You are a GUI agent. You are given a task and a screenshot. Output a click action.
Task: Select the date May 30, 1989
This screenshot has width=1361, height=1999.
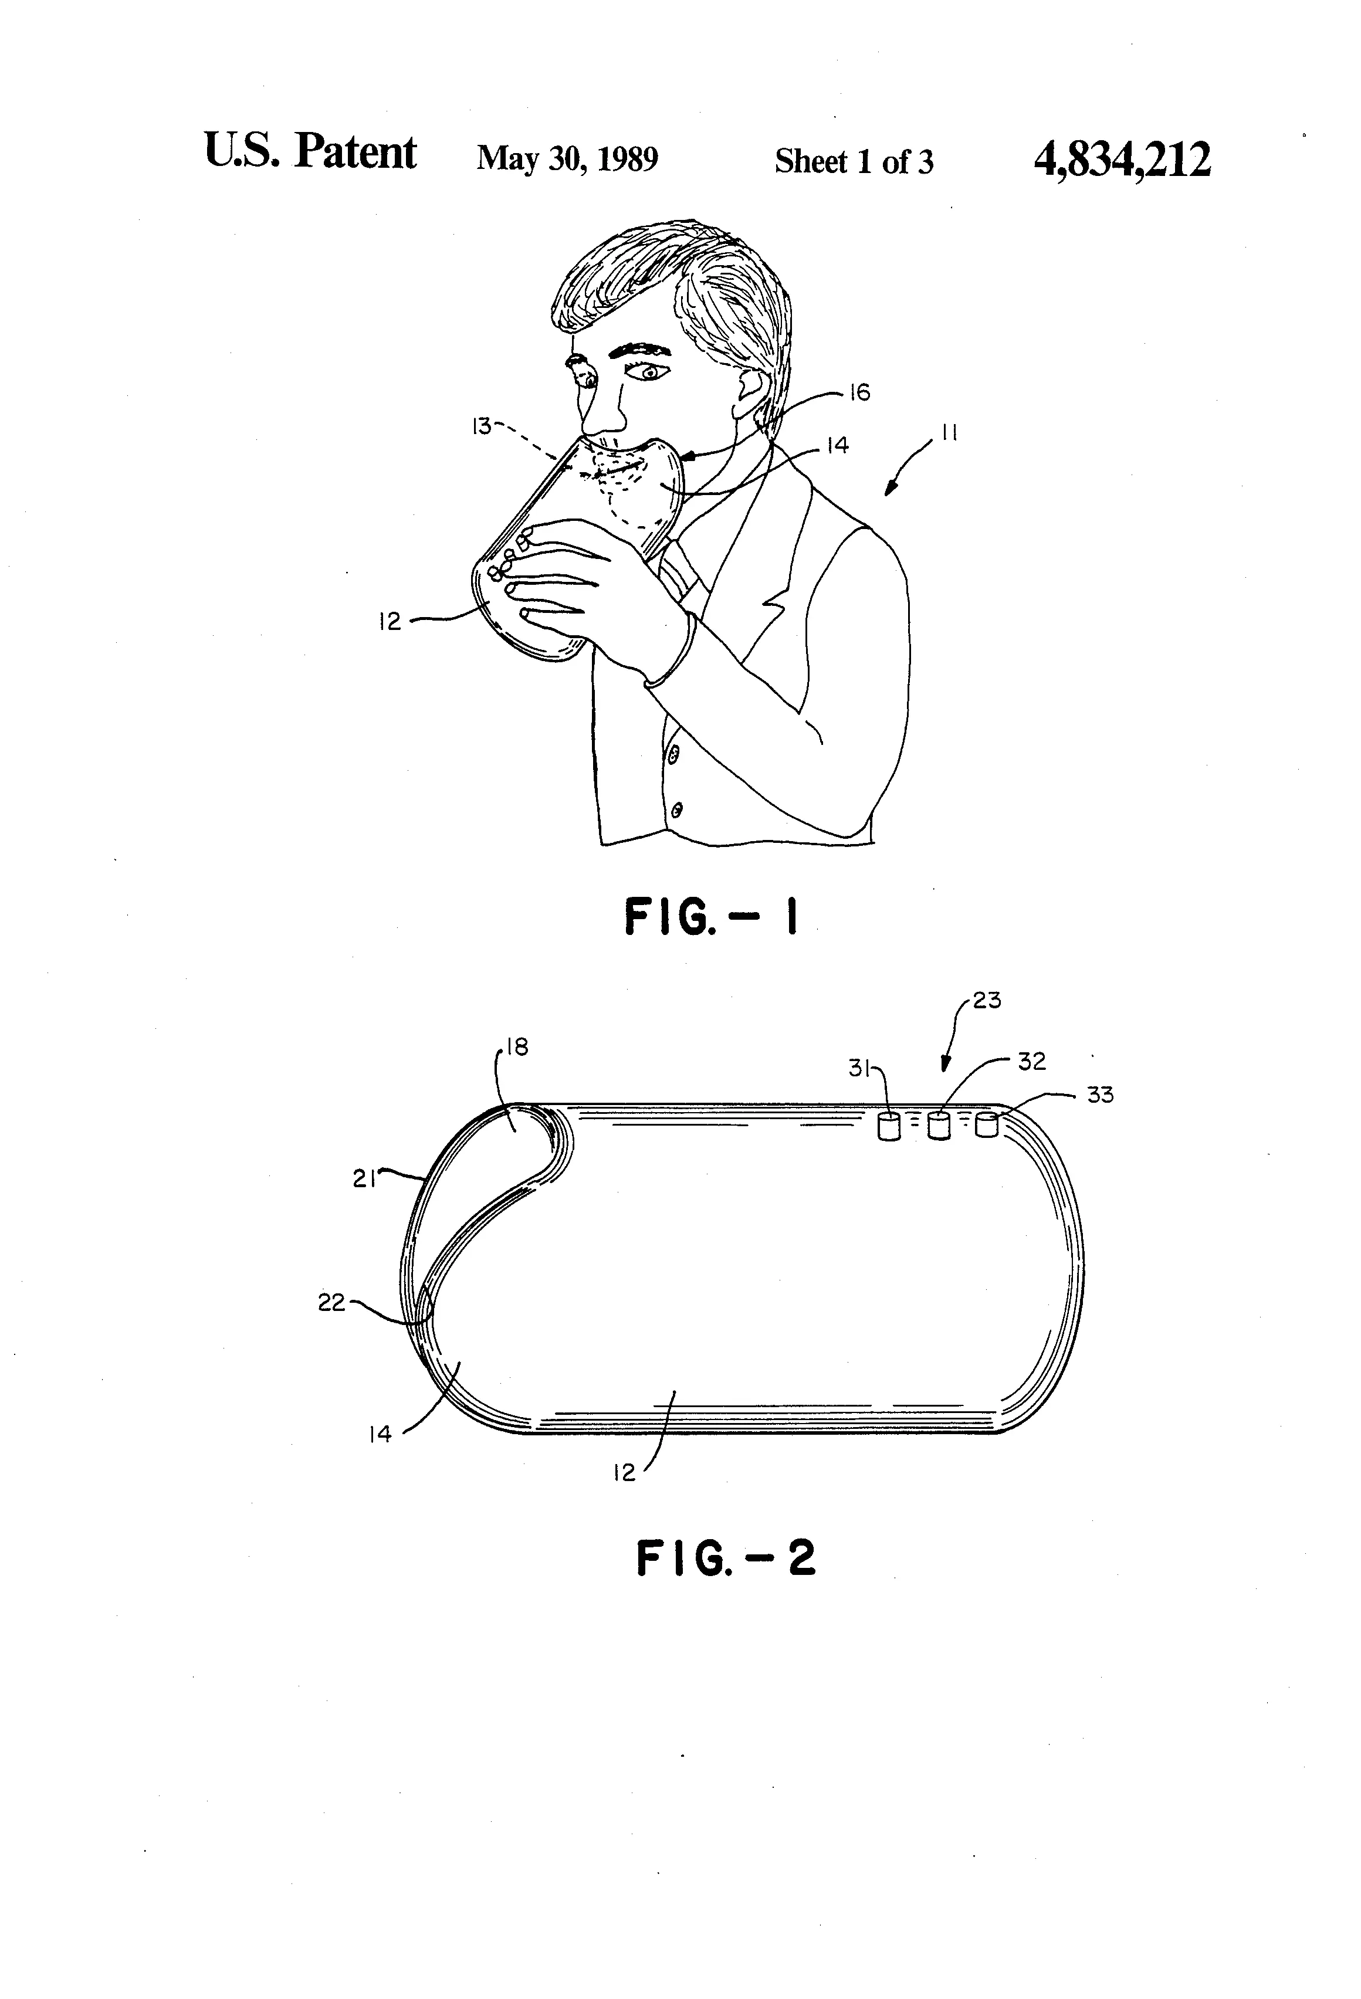pos(567,159)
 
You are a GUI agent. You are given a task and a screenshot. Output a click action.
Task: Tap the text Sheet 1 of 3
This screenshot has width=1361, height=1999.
pos(854,161)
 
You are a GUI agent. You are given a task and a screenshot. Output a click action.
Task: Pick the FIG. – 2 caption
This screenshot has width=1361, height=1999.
pos(725,1558)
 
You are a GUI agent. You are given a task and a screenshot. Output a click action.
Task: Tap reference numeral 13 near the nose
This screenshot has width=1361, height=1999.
pos(480,425)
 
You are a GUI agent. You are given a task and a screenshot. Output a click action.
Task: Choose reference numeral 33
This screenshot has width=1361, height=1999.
pos(1101,1095)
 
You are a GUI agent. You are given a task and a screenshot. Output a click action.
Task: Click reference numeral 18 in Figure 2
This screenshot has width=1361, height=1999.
pos(517,1047)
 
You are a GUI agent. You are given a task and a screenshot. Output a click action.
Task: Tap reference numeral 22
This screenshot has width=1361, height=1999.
pos(331,1303)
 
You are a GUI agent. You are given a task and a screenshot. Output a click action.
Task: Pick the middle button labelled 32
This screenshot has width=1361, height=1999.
pos(940,1126)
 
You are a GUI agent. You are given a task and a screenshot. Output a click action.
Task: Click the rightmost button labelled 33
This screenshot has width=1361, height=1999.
pos(987,1125)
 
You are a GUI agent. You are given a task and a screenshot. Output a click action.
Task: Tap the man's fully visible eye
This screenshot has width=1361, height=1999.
pos(648,372)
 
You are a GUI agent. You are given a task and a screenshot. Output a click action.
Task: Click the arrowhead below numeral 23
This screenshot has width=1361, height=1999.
pos(944,1063)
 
